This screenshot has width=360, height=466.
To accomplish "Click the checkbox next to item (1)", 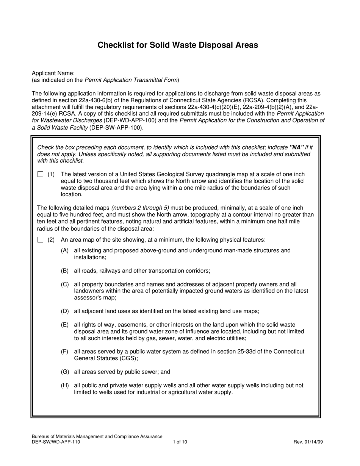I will coord(41,174).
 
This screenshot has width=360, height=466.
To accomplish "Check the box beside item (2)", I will coord(41,240).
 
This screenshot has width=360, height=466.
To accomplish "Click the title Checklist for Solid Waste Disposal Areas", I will coord(178,45).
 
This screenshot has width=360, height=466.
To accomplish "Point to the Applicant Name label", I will coord(53,73).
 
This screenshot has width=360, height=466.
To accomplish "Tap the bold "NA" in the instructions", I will coord(297,147).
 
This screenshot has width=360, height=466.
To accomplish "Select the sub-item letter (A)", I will coord(65,250).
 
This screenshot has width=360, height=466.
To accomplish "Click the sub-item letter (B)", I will coord(65,271).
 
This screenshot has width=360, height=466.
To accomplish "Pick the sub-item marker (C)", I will coord(65,284).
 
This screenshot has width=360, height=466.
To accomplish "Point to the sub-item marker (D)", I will coord(65,311).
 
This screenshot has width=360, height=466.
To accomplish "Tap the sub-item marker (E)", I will coord(65,325).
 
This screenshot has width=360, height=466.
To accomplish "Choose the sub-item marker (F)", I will coord(65,352).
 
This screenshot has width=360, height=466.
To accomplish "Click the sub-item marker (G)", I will coord(65,372).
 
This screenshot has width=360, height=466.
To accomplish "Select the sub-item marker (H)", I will coord(65,385).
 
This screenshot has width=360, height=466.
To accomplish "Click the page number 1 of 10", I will coord(180,442).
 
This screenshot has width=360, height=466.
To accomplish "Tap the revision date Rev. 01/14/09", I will coord(308,442).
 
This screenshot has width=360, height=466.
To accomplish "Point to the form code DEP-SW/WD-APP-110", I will coord(56,442).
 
